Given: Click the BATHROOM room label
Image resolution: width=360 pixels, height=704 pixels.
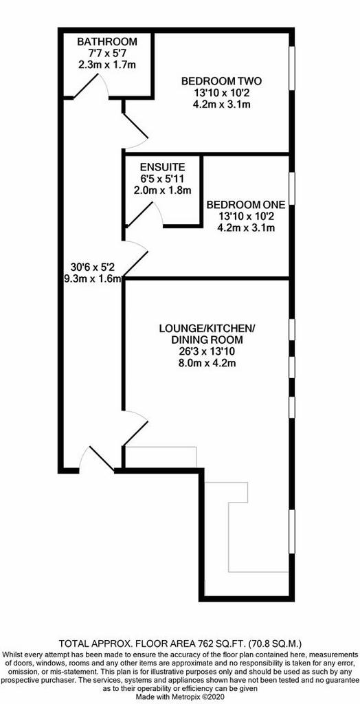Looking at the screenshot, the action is click(107, 42).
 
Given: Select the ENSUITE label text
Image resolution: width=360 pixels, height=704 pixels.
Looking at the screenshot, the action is click(163, 166).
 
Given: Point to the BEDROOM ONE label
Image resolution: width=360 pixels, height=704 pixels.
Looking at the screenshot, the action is click(246, 205).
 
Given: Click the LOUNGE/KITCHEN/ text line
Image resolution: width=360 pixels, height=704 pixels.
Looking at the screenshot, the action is click(207, 328).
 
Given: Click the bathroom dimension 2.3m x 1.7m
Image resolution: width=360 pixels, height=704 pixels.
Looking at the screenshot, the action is click(107, 64).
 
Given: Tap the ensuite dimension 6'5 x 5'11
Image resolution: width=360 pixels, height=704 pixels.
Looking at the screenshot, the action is click(163, 178).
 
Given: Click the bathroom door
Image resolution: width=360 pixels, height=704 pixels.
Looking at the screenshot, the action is click(91, 86).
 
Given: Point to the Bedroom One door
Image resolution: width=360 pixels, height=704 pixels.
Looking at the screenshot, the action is click(135, 258).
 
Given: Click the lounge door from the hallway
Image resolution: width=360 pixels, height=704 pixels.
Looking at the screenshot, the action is click(135, 428).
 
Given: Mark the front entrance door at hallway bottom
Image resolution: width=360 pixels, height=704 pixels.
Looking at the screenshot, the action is click(98, 459).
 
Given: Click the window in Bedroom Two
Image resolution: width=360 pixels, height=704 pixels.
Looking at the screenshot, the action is click(292, 68).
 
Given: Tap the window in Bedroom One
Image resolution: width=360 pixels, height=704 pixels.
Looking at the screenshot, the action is click(292, 188).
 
